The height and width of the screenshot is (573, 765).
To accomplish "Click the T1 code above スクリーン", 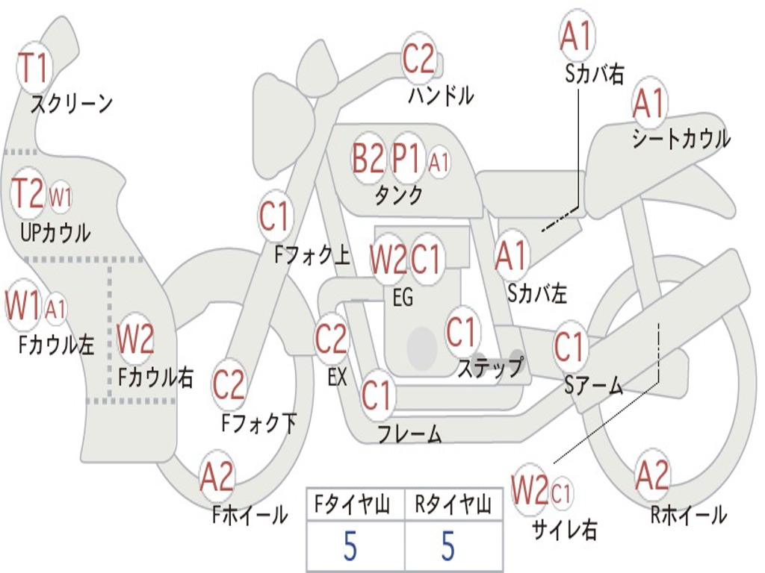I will (x=33, y=67).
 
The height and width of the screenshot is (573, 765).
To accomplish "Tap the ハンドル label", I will (x=441, y=95).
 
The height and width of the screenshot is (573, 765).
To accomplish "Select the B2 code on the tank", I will (x=368, y=159).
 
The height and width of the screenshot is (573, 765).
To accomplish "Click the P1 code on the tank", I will (x=406, y=159).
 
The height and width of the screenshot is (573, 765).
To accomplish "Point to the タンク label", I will (x=398, y=195).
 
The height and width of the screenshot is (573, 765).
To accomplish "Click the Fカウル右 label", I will (x=155, y=377).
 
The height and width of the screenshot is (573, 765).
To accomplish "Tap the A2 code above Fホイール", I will (x=217, y=477).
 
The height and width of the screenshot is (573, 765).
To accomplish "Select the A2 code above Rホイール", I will (x=652, y=475).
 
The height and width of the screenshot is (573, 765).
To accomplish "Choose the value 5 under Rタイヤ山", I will (x=447, y=547).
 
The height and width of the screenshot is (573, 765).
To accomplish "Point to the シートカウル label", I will (x=681, y=139).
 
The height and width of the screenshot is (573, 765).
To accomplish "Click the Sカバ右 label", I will (x=594, y=74).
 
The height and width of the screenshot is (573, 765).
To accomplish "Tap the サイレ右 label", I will (x=564, y=529).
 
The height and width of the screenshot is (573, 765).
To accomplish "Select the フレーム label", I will (x=409, y=433).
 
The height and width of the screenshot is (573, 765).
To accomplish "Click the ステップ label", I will (x=489, y=367).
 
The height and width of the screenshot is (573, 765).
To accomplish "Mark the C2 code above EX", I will (x=331, y=339).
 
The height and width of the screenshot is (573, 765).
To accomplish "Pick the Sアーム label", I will (x=594, y=385).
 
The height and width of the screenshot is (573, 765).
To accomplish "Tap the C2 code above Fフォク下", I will (x=229, y=384).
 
